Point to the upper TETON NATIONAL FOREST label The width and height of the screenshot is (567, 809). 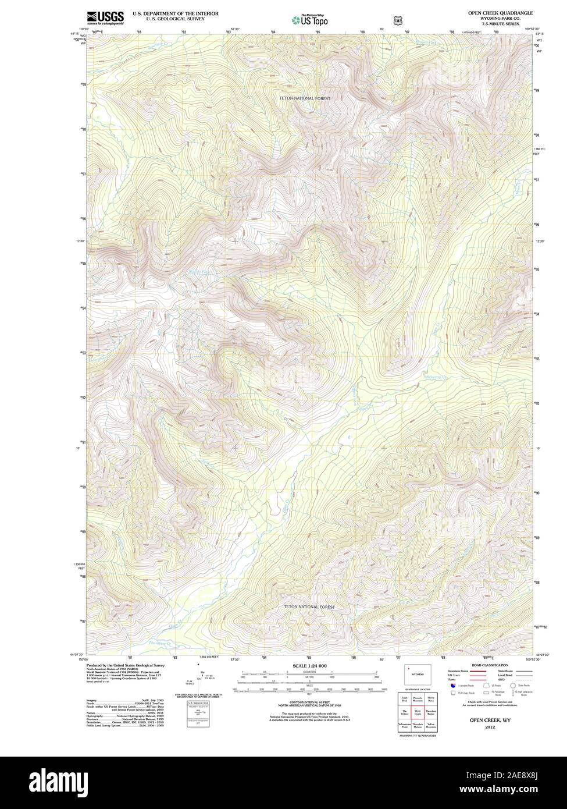pos(303,99)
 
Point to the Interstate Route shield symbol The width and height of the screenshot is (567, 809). pos(453,686)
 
